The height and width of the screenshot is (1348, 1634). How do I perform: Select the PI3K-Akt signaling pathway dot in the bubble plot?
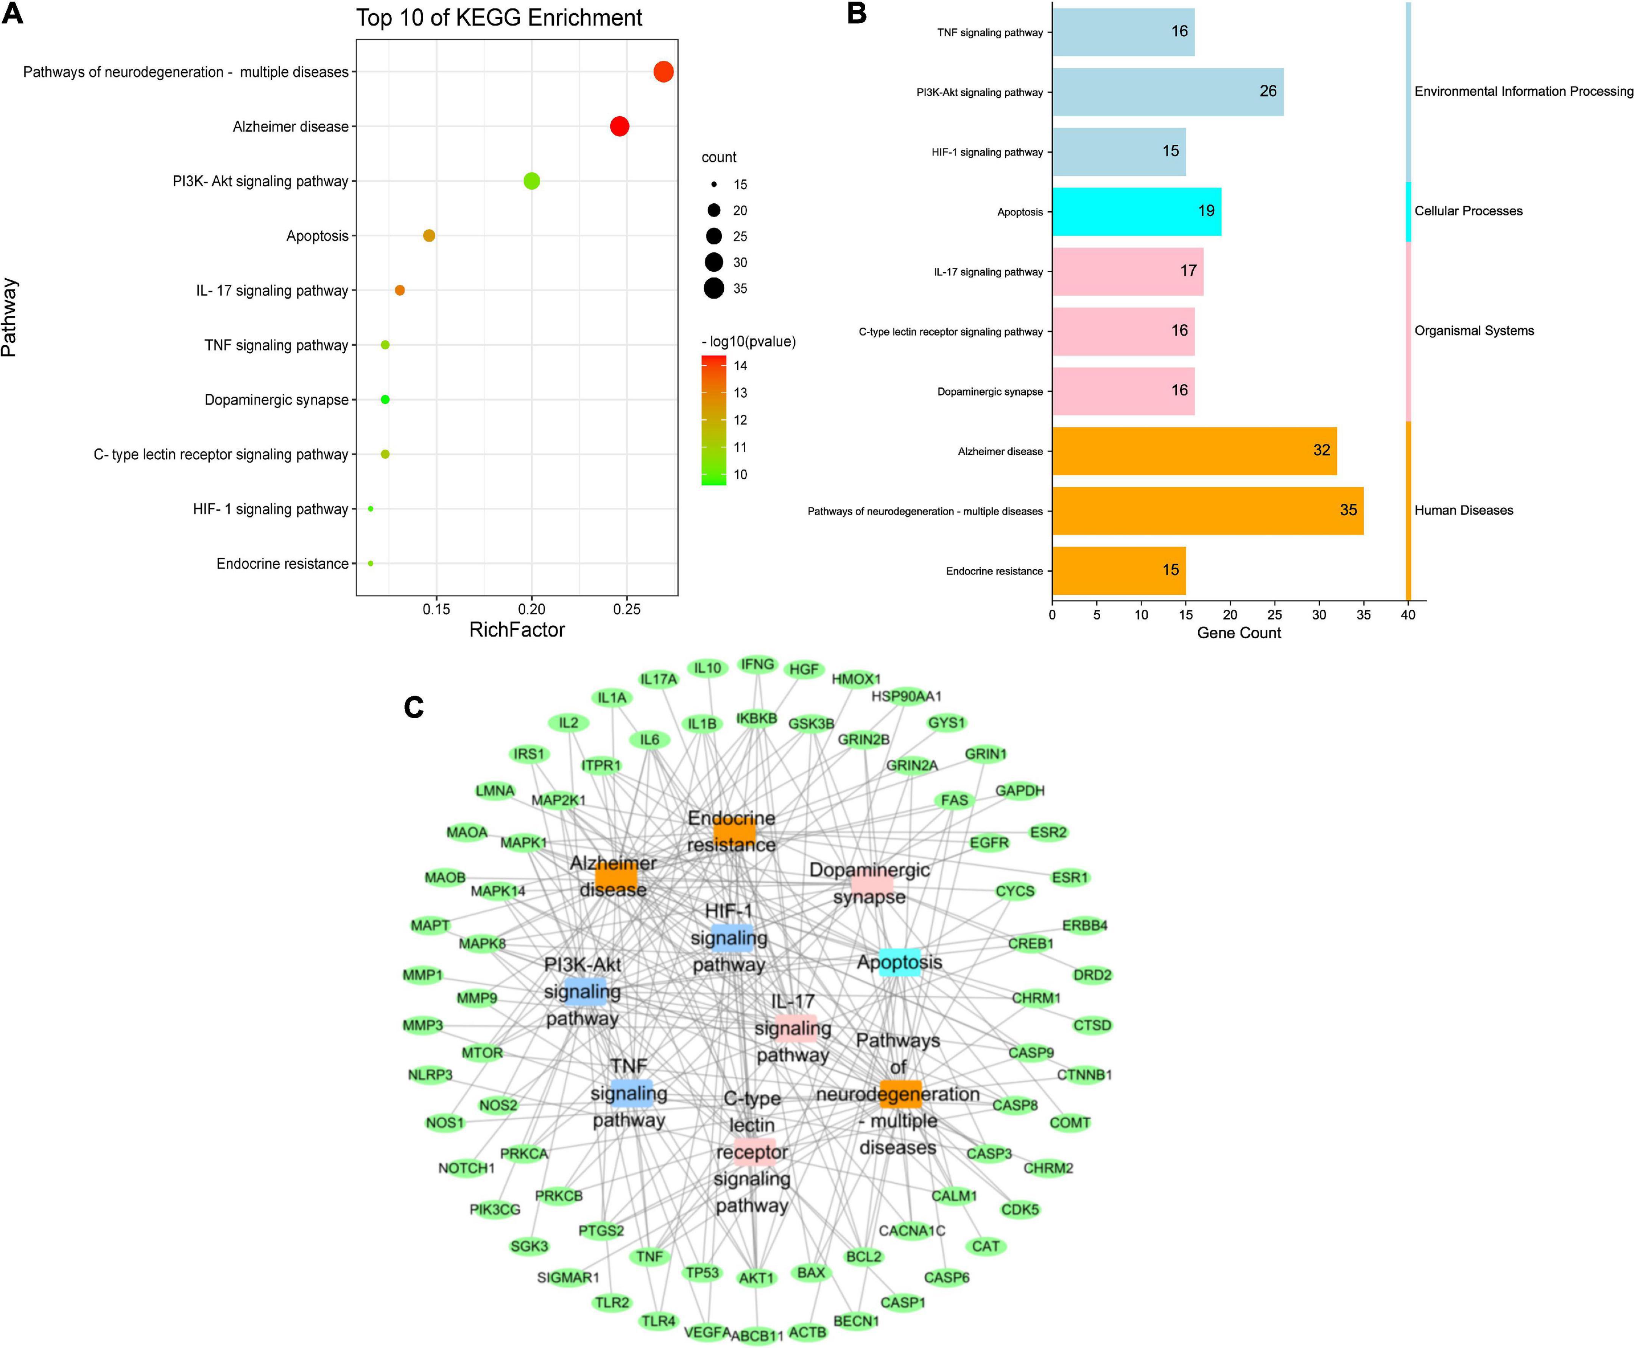[x=532, y=181]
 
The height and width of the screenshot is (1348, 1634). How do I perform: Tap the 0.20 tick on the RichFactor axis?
[x=532, y=610]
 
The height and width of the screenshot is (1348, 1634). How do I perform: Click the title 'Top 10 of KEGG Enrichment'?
[x=499, y=18]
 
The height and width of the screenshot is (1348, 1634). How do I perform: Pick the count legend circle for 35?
[x=714, y=288]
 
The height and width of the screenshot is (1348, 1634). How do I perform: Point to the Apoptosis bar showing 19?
[x=1136, y=211]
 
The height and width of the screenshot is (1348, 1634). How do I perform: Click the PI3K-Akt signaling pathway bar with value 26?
[x=1167, y=92]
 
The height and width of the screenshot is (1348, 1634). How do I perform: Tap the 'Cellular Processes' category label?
[x=1468, y=211]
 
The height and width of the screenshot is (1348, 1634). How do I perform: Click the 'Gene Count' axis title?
[x=1239, y=633]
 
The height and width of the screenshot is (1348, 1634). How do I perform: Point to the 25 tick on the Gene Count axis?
[x=1274, y=615]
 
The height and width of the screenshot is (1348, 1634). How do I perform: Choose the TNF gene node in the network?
[x=650, y=1256]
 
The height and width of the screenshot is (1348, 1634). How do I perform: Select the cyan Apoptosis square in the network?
[x=900, y=962]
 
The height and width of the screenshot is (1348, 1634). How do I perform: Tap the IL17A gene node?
[x=658, y=679]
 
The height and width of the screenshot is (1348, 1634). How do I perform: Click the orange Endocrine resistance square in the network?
[x=734, y=832]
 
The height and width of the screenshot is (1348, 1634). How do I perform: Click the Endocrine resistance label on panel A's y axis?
[x=283, y=564]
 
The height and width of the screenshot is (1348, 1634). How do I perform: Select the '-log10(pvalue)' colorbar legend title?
[x=748, y=342]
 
